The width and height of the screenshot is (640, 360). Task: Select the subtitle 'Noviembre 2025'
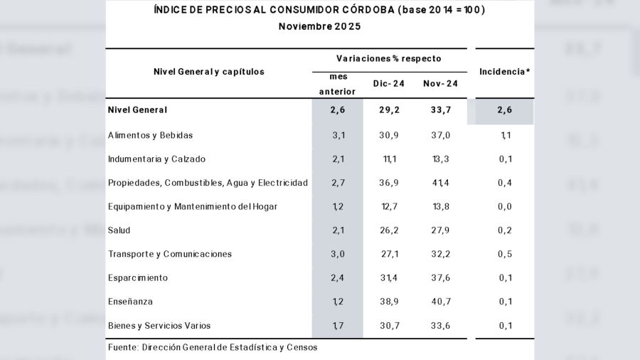(x=319, y=26)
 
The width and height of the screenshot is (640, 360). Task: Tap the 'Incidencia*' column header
(x=505, y=72)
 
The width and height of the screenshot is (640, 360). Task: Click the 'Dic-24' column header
(x=389, y=84)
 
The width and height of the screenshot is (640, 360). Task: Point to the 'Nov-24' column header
(x=440, y=84)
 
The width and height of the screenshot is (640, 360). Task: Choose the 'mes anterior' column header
(x=337, y=84)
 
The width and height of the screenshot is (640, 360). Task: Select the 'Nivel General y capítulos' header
(x=208, y=72)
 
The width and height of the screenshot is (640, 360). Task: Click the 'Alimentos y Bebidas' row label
(x=150, y=135)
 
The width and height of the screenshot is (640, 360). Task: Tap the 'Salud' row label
(x=119, y=231)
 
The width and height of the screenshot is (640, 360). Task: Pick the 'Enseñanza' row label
(x=130, y=302)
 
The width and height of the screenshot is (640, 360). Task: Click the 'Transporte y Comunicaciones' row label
(x=170, y=254)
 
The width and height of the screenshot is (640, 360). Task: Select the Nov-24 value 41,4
(x=440, y=183)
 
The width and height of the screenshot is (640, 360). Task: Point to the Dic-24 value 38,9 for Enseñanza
(x=389, y=302)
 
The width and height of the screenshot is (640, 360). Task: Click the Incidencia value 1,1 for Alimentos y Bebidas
(x=505, y=135)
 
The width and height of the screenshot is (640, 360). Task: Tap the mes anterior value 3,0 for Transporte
(x=337, y=254)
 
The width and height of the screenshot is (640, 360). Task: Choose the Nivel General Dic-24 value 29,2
(x=389, y=110)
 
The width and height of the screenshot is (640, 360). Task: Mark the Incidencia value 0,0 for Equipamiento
(x=505, y=207)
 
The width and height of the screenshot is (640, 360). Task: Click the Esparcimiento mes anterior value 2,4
(x=337, y=278)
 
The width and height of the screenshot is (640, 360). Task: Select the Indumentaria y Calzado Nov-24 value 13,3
(x=440, y=159)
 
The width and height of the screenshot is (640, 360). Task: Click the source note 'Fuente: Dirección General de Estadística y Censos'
(x=213, y=347)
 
